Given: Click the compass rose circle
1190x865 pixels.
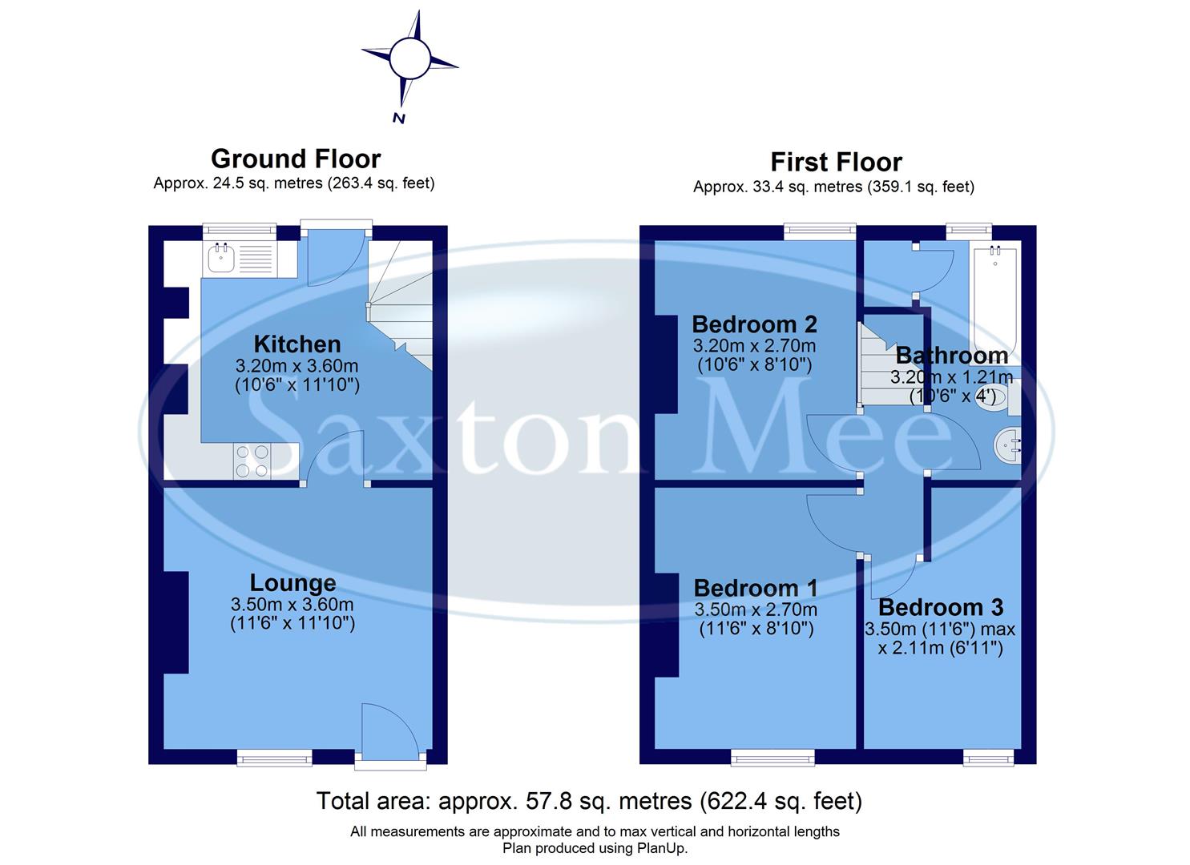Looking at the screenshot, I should (x=409, y=58).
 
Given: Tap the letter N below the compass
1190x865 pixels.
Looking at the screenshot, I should (x=398, y=119).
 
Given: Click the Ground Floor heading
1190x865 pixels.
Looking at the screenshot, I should (x=295, y=159).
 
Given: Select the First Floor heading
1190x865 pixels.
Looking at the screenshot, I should (x=836, y=162).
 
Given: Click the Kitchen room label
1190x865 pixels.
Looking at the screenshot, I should (x=297, y=344).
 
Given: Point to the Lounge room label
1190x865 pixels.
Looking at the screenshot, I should (x=292, y=583).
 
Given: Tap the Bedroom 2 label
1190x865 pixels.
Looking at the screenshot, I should (x=754, y=324).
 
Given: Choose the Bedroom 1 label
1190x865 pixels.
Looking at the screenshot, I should (x=756, y=589).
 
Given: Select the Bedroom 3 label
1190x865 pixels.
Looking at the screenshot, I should (x=940, y=607).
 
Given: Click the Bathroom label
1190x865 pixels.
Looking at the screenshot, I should (x=951, y=355).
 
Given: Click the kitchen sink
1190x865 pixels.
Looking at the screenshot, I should (x=220, y=259).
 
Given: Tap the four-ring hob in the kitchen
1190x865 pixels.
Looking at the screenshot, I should (x=252, y=462).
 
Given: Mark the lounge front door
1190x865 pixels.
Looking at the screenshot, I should (x=389, y=733).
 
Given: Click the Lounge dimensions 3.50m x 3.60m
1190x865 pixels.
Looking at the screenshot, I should (x=292, y=604).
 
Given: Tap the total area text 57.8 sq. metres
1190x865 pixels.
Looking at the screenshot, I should (x=565, y=801).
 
